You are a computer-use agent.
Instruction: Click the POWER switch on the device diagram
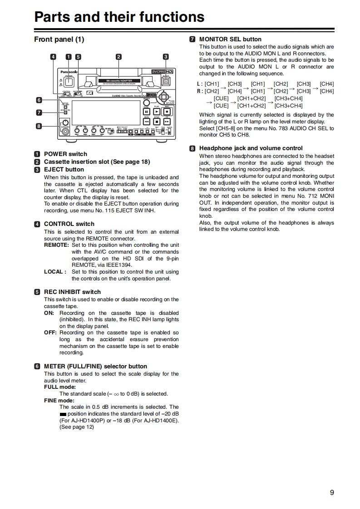(x=69, y=82)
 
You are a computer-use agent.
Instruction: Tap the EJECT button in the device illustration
(x=166, y=82)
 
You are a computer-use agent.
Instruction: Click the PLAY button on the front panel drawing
(x=156, y=112)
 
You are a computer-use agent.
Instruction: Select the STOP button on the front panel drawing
(x=156, y=122)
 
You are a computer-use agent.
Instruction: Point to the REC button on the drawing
(x=166, y=112)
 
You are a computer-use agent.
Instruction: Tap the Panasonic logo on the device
(x=67, y=72)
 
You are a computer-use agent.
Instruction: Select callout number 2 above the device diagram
(x=118, y=57)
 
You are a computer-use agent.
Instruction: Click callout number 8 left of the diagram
(x=39, y=126)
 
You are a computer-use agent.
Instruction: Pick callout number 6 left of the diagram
(x=39, y=100)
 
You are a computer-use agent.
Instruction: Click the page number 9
(x=332, y=493)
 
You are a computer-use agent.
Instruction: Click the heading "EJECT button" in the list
(x=64, y=170)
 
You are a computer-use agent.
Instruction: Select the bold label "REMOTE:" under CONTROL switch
(x=56, y=245)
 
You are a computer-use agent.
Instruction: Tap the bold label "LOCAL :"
(x=55, y=272)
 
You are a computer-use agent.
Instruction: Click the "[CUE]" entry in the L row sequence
(x=221, y=98)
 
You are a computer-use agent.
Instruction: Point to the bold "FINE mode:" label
(x=59, y=401)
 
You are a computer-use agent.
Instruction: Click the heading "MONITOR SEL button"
(x=230, y=39)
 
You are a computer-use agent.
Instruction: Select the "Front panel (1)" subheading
(x=59, y=39)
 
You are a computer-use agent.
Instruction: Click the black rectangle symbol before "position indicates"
(x=63, y=414)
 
